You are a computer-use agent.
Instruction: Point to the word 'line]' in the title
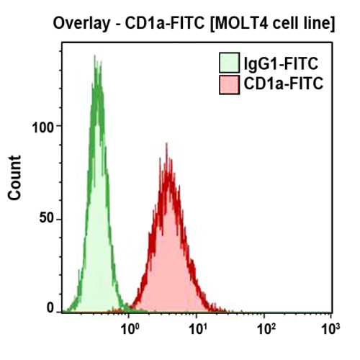click(x=318, y=24)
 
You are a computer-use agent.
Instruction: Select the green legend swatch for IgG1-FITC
click(x=230, y=63)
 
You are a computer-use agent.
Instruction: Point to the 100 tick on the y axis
click(x=44, y=126)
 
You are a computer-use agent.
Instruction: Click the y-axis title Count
click(x=13, y=180)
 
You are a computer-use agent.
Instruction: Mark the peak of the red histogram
click(x=166, y=163)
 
